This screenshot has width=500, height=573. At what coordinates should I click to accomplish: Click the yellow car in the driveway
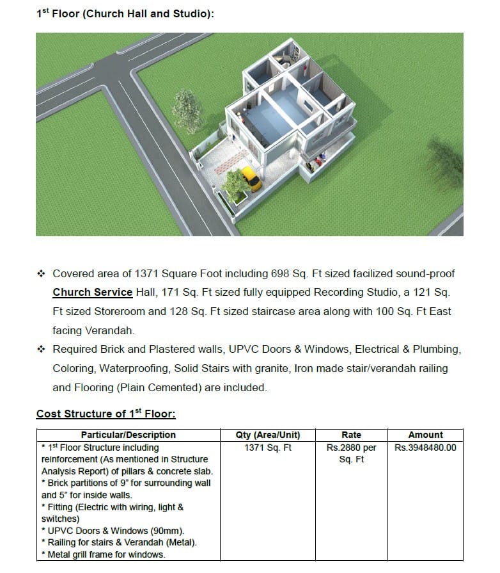(250, 179)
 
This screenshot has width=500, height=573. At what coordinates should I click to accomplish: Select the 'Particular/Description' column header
(128, 435)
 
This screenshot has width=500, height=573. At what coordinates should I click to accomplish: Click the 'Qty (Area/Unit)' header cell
(268, 435)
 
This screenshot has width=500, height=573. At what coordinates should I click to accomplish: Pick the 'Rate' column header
(351, 435)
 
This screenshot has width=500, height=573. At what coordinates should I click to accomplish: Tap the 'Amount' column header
(425, 435)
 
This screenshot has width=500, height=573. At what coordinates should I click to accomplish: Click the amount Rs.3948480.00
(425, 448)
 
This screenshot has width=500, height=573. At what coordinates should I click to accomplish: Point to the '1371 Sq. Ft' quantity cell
(268, 448)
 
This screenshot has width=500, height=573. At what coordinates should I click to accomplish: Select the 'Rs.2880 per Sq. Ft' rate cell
(351, 453)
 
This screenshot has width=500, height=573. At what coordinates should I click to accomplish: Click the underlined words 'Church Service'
(92, 293)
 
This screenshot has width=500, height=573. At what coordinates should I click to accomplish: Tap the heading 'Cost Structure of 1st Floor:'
(105, 414)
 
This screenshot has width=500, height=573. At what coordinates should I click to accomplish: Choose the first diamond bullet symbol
(42, 273)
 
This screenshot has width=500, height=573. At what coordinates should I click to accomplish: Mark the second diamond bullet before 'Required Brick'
(42, 350)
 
